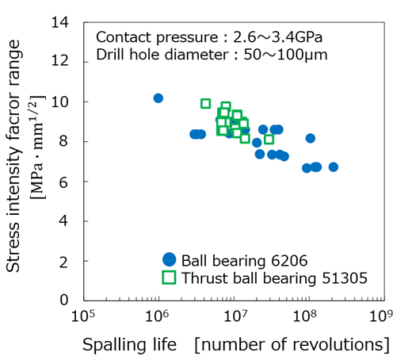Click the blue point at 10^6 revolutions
coord(158,98)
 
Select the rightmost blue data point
coord(334,167)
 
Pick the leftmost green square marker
coord(206,104)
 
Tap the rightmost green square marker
coord(269,140)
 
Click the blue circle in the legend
coord(169,259)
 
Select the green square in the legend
coord(169,277)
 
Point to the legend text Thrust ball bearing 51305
coord(274,278)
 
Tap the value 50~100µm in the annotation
coord(283,56)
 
